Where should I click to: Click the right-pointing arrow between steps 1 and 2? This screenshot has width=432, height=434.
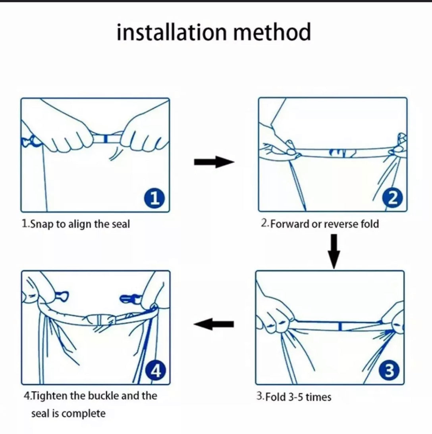pos(214,162)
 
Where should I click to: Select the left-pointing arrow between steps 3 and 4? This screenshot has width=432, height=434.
pos(214,324)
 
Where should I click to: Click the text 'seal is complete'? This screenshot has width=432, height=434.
pos(68,414)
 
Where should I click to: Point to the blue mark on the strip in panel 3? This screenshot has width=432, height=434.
pos(340,326)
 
